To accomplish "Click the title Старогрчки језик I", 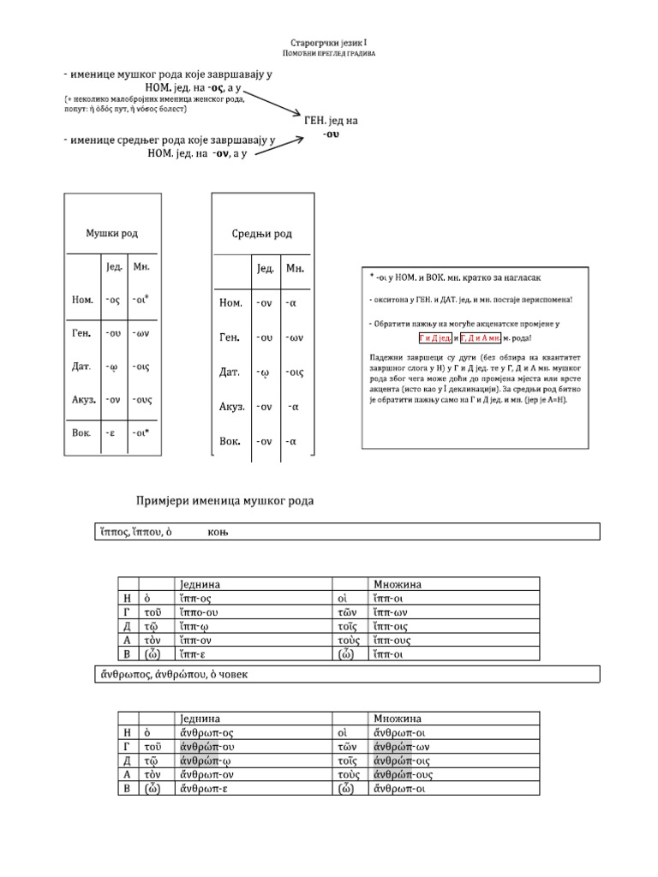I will click(x=329, y=41).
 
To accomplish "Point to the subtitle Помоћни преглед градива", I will click(x=329, y=53).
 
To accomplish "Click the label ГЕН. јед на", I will click(x=331, y=121).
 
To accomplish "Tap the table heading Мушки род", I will click(x=111, y=233).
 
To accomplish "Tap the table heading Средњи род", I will click(x=261, y=234).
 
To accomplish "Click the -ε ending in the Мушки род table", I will click(x=110, y=433).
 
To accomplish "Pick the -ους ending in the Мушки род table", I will click(x=142, y=399).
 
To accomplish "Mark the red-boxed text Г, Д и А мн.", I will click(x=487, y=337).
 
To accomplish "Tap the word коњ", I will click(x=218, y=533).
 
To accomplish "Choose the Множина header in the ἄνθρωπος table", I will click(x=398, y=718).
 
